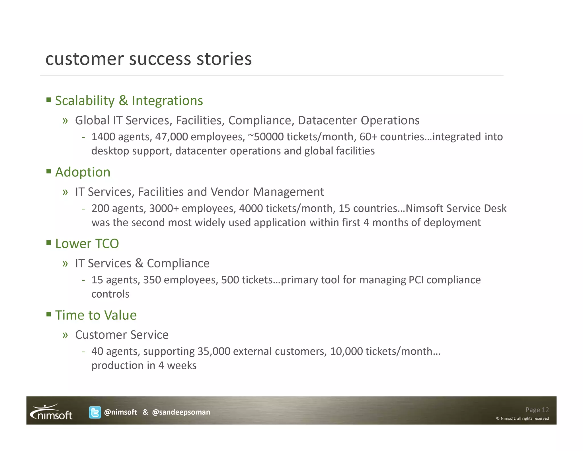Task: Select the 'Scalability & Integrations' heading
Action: tap(129, 101)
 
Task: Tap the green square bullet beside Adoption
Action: tap(49, 171)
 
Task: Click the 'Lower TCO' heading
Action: tap(87, 244)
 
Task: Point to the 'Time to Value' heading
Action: tap(96, 315)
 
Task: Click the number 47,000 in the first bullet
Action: tap(171, 137)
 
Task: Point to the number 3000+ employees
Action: tap(164, 209)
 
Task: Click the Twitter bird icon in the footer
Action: tap(95, 412)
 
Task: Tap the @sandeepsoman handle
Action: tap(181, 412)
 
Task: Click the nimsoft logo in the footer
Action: tap(52, 412)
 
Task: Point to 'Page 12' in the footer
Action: tap(537, 410)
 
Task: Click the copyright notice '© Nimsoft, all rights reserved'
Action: tap(522, 419)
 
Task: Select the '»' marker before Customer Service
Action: tap(65, 335)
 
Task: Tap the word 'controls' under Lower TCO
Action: tap(110, 294)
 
